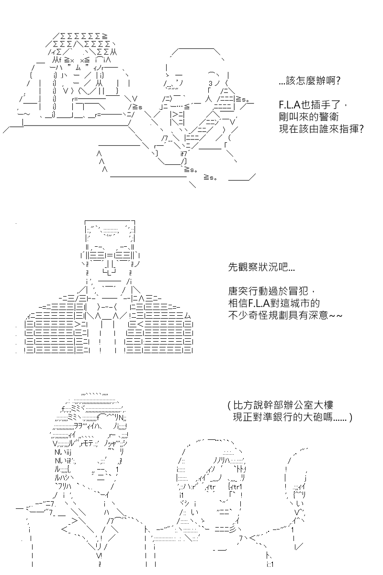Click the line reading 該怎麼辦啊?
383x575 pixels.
click(310, 81)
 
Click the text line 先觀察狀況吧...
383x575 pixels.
click(261, 267)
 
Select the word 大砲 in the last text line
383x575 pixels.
click(313, 417)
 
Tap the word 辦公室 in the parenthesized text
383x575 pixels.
click(298, 405)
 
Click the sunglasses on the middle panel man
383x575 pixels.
click(110, 256)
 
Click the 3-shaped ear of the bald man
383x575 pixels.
click(211, 83)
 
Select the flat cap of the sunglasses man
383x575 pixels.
click(110, 230)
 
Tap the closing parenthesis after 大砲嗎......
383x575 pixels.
click(350, 418)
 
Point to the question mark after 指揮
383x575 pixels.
click(361, 128)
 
